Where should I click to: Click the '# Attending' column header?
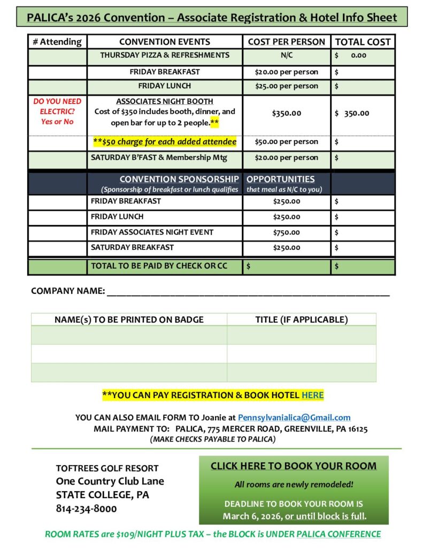tap(57, 42)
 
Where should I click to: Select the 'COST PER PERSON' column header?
tap(286, 42)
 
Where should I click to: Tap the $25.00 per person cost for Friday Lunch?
tap(287, 86)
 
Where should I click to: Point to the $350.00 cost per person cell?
tap(287, 113)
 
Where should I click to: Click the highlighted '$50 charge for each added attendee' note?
tap(165, 142)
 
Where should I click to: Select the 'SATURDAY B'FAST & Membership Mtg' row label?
tap(159, 157)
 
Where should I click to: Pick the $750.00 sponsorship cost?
tap(287, 232)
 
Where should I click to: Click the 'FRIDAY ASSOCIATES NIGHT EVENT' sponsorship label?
tap(152, 232)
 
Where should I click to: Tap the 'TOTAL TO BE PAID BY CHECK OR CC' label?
tap(159, 265)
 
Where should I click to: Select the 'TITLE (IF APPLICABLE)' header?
tap(301, 320)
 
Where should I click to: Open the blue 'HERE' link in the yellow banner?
tap(312, 395)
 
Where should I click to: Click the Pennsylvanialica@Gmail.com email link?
tap(294, 417)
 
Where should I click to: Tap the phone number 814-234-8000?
tap(86, 509)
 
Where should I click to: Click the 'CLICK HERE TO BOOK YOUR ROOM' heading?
tap(293, 466)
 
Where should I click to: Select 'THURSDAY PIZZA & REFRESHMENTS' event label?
tap(165, 55)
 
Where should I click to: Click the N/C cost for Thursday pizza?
tap(287, 55)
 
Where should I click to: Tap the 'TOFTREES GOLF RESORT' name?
tap(107, 468)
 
